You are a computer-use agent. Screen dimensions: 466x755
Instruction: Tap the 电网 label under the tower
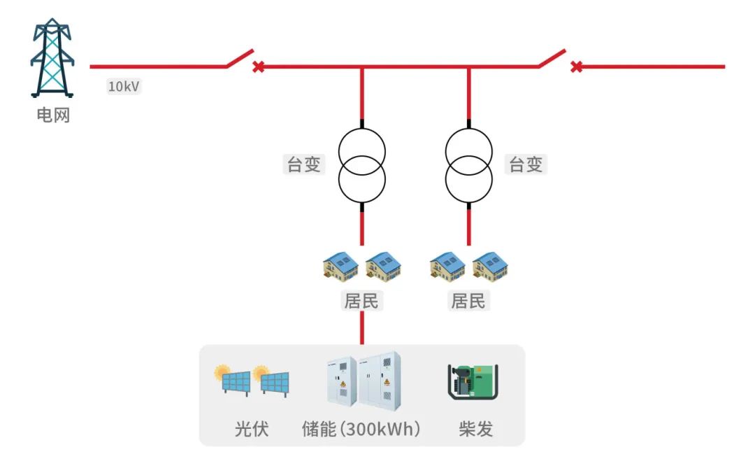pos(53,114)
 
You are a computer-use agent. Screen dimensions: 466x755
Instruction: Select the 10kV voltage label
pos(124,87)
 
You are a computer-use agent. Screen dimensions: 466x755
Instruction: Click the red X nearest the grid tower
pos(258,67)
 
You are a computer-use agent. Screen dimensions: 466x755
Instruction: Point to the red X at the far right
pos(576,67)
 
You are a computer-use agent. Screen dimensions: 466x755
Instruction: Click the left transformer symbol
pos(362,165)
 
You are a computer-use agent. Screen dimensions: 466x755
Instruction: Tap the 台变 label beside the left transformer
pos(304,165)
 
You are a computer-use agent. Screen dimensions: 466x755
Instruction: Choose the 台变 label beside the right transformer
pos(526,165)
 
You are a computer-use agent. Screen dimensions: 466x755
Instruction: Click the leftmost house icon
pos(340,267)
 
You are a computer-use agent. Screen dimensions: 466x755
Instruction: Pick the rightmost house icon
pos(490,267)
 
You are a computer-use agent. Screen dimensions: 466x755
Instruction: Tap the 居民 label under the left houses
pos(361,302)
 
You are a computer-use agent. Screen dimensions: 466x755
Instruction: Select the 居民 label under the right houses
pos(468,302)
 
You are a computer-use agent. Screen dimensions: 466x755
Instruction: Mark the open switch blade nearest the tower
pos(240,58)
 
